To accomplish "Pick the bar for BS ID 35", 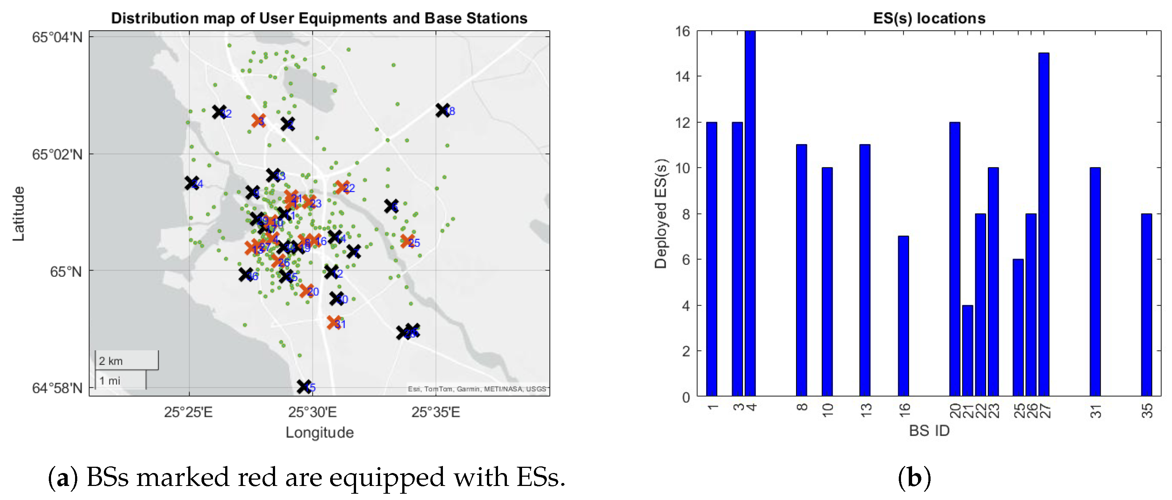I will tap(1146, 305).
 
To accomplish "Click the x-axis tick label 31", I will tap(1095, 411).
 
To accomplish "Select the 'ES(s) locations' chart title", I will tap(929, 18).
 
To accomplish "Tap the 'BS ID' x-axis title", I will tap(929, 431).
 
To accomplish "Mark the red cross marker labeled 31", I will tap(334, 323).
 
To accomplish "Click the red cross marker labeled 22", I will tap(342, 187).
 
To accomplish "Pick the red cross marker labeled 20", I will tap(306, 290).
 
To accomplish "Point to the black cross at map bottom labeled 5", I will tap(304, 387).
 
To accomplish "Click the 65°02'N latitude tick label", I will tap(57, 154).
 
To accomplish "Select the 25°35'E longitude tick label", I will tap(436, 412).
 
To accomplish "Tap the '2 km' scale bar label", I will tap(111, 361).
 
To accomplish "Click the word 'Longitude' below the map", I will tap(319, 432).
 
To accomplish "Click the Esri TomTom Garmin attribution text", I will tap(476, 389).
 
